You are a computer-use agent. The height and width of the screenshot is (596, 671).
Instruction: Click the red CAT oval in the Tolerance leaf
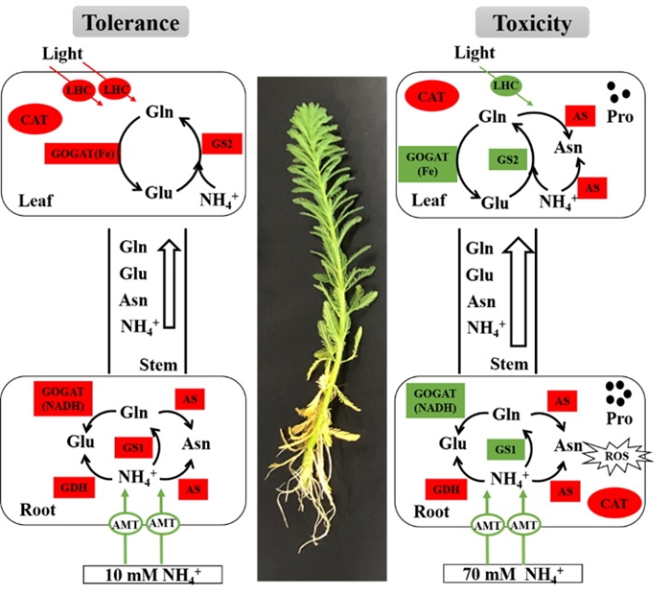tap(35, 121)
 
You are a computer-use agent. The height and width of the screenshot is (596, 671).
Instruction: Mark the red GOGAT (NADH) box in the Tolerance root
tap(64, 399)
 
